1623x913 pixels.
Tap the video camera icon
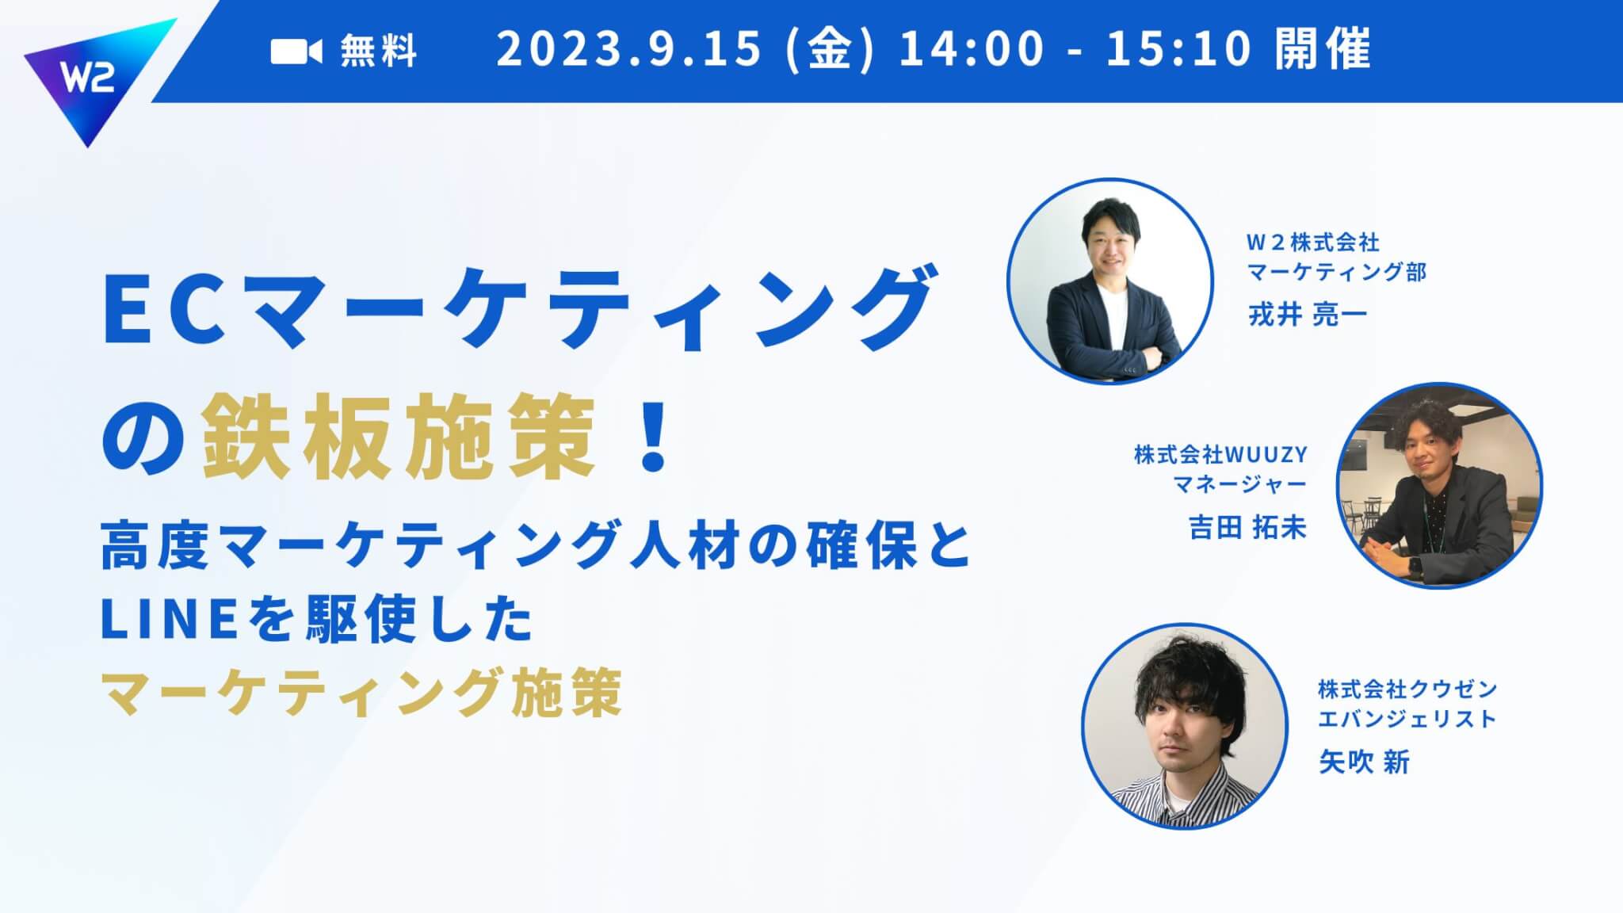296,52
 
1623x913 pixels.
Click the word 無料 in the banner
379,52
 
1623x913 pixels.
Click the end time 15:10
1178,49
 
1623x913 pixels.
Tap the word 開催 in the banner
1323,49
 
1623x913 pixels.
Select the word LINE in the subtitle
170,621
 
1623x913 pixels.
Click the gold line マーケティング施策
361,691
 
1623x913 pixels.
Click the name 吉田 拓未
1248,528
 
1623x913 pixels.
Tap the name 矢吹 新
1364,762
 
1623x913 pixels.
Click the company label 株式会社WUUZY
1220,455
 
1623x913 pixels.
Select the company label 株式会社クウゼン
1407,690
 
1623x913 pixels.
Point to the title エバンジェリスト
1407,719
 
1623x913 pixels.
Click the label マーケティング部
1337,272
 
